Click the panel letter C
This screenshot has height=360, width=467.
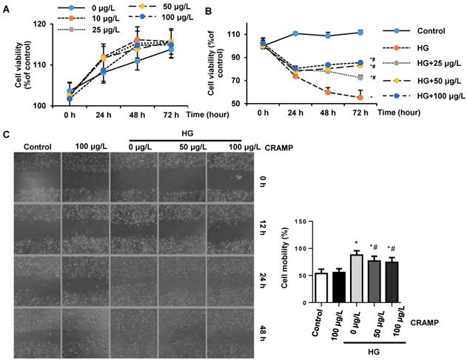click(x=6, y=134)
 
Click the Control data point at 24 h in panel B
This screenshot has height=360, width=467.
click(x=295, y=33)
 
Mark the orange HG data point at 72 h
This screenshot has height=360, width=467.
click(x=360, y=97)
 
